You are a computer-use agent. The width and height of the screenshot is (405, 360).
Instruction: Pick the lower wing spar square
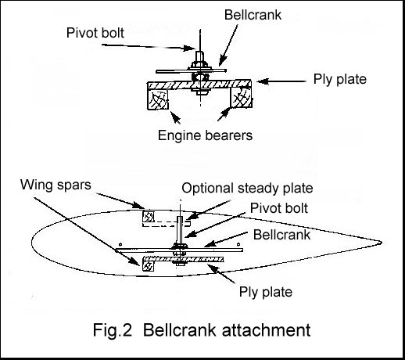click(x=146, y=265)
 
